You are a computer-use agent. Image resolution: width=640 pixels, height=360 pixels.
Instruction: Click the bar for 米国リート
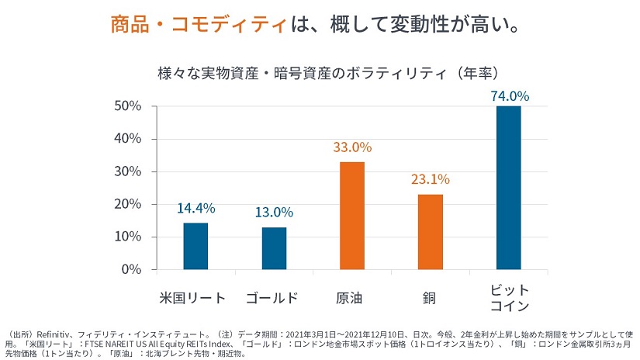pyautogui.click(x=195, y=246)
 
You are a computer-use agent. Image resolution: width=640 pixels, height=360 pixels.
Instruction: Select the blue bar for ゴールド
pyautogui.click(x=274, y=248)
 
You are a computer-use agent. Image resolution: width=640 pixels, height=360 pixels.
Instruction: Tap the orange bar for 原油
pyautogui.click(x=352, y=216)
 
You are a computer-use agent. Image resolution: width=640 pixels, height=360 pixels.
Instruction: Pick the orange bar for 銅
pyautogui.click(x=431, y=232)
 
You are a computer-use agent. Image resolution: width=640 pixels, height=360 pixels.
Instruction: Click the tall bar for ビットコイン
pyautogui.click(x=509, y=188)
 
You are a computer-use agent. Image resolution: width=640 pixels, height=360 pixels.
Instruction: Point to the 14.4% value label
pyautogui.click(x=195, y=209)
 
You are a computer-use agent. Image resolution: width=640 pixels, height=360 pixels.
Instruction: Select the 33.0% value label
pyautogui.click(x=352, y=147)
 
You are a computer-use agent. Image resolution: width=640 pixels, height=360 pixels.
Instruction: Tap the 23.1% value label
pyautogui.click(x=431, y=179)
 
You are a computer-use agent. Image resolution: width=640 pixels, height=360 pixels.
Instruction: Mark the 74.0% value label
pyautogui.click(x=510, y=96)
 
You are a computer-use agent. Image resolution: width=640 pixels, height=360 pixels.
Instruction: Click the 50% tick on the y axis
pyautogui.click(x=126, y=106)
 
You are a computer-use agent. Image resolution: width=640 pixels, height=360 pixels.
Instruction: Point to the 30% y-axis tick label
pyautogui.click(x=126, y=171)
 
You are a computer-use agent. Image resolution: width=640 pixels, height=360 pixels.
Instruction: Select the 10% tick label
pyautogui.click(x=126, y=237)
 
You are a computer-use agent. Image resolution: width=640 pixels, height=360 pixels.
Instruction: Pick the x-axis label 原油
pyautogui.click(x=352, y=298)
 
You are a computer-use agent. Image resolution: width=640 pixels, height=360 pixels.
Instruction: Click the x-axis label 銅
pyautogui.click(x=430, y=298)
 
